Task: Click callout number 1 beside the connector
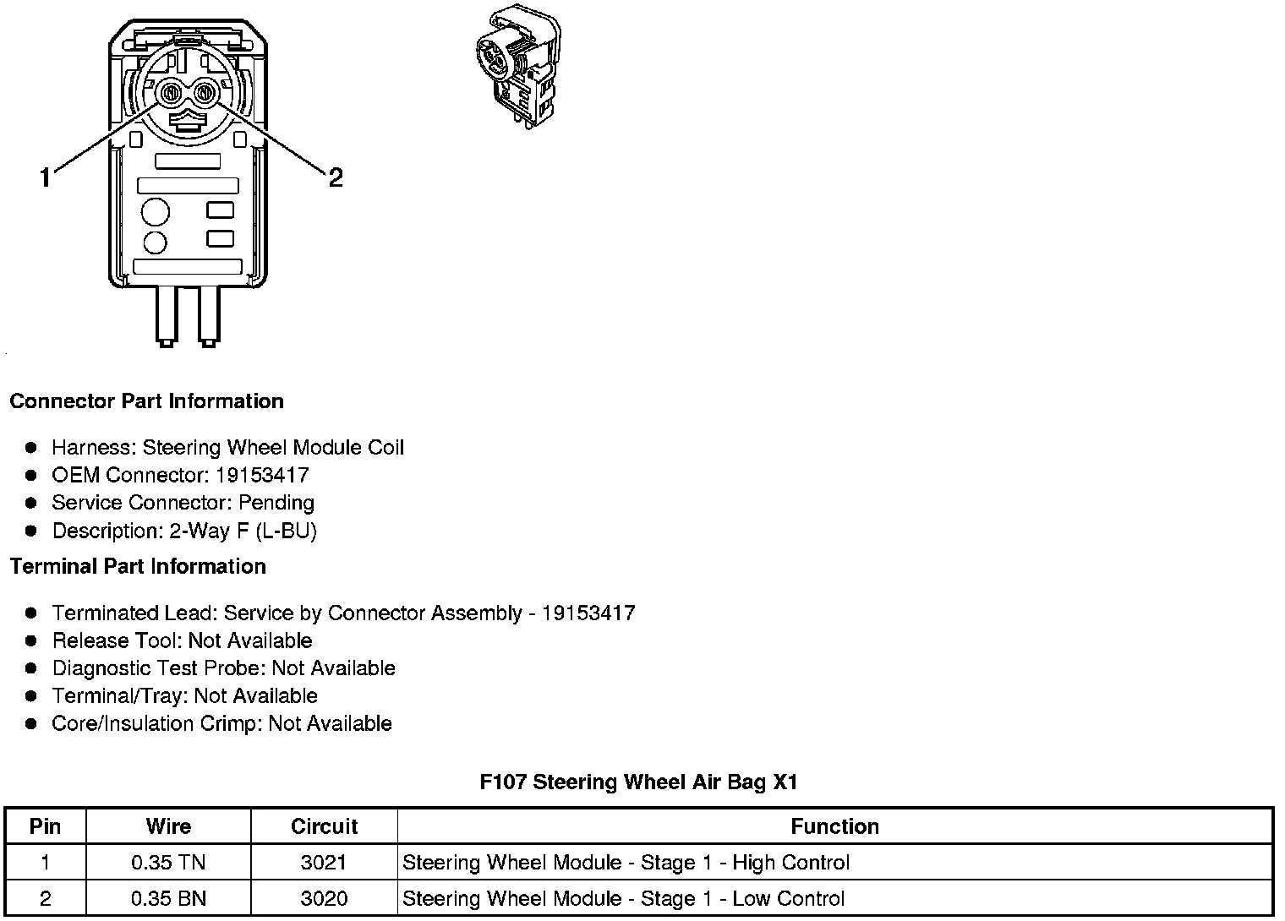pyautogui.click(x=46, y=178)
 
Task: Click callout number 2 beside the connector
pyautogui.click(x=336, y=178)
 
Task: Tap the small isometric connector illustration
pyautogui.click(x=518, y=67)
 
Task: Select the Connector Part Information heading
pyautogui.click(x=146, y=401)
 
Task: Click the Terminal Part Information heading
pyautogui.click(x=138, y=566)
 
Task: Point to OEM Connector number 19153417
pyautogui.click(x=262, y=475)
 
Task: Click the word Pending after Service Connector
pyautogui.click(x=276, y=503)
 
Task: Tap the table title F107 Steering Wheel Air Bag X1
pyautogui.click(x=638, y=782)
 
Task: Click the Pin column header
pyautogui.click(x=45, y=826)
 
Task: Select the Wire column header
pyautogui.click(x=168, y=826)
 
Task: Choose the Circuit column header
pyautogui.click(x=324, y=826)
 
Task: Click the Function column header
pyautogui.click(x=834, y=826)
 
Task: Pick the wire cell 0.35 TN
pyautogui.click(x=168, y=863)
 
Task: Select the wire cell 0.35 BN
pyautogui.click(x=168, y=899)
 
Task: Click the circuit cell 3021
pyautogui.click(x=324, y=863)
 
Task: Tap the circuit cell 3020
pyautogui.click(x=324, y=899)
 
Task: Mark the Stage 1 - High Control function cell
pyautogui.click(x=626, y=863)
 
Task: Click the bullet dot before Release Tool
pyautogui.click(x=31, y=640)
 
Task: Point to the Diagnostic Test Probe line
pyautogui.click(x=223, y=668)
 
